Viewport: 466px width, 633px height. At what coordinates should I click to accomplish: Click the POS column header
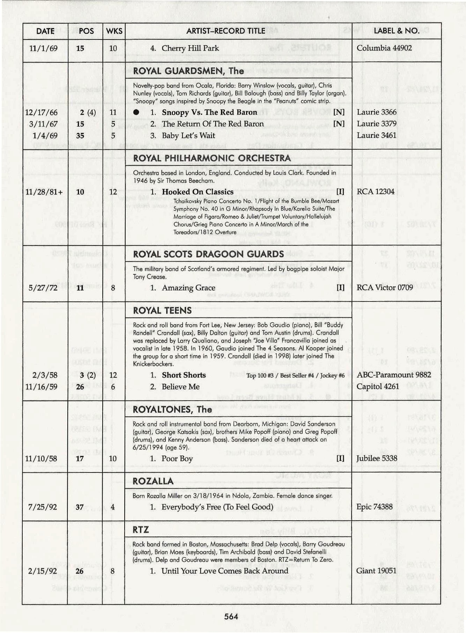click(x=86, y=31)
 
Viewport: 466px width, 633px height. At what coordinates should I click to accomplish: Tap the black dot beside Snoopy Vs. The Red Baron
click(x=136, y=112)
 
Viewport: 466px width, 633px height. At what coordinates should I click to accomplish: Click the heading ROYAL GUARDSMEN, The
click(x=188, y=71)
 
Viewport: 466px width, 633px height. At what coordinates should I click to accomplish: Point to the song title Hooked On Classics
click(x=197, y=192)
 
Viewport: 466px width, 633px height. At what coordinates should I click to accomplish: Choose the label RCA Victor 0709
click(x=384, y=288)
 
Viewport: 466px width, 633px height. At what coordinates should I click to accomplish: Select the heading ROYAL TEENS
click(x=162, y=311)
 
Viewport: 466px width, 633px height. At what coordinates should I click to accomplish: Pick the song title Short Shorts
click(x=184, y=375)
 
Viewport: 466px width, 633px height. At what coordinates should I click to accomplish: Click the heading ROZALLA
click(x=153, y=482)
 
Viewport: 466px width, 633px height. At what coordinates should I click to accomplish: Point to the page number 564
click(x=231, y=617)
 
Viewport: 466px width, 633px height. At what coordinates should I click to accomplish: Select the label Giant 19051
click(x=376, y=571)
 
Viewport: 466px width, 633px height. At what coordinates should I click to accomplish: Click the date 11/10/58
click(x=41, y=459)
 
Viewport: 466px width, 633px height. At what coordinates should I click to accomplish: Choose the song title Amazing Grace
click(x=188, y=288)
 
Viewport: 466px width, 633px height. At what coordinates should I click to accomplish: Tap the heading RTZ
click(x=141, y=530)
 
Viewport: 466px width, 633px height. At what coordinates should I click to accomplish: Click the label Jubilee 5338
click(x=376, y=458)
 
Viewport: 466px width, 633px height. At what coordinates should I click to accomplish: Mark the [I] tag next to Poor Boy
click(x=340, y=458)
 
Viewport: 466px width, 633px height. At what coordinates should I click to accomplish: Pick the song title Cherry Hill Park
click(x=190, y=48)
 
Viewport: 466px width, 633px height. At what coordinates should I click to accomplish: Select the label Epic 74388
click(x=374, y=507)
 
